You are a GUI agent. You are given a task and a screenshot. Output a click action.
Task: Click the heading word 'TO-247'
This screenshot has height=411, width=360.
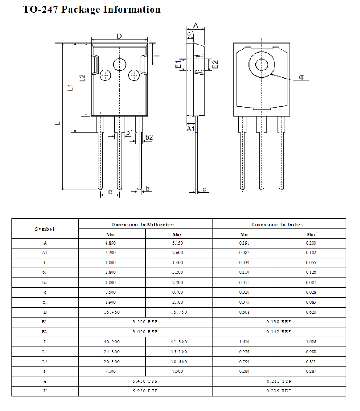tap(41, 10)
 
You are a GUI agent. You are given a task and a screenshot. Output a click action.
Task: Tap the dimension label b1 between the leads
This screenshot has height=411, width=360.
tap(130, 132)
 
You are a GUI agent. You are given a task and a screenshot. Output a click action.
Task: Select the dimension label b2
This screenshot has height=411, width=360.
tap(149, 137)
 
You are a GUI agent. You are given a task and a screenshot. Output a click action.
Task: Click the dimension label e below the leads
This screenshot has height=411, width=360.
tap(110, 192)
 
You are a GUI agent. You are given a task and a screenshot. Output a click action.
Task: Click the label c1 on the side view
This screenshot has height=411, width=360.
tap(190, 34)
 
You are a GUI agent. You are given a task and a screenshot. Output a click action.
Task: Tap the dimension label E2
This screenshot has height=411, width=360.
tap(215, 65)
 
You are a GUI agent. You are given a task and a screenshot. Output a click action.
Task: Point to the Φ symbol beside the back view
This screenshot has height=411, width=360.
tap(302, 78)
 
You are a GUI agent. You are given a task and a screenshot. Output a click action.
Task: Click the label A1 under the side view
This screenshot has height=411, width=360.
tap(191, 129)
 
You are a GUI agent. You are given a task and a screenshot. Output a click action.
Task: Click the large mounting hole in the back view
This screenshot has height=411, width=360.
tap(262, 65)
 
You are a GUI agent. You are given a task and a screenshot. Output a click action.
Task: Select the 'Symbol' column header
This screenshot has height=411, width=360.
tap(45, 229)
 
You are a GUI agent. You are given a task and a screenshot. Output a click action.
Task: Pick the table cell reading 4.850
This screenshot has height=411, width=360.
tap(112, 243)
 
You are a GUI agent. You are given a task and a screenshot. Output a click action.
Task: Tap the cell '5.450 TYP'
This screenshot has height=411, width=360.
tap(145, 381)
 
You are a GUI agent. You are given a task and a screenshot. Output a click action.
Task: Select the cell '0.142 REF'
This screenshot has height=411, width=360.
tap(279, 331)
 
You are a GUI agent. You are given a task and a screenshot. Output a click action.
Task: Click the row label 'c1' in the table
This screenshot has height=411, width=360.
tap(45, 302)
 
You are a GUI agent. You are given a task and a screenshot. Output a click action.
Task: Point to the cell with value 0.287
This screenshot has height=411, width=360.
tap(311, 371)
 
